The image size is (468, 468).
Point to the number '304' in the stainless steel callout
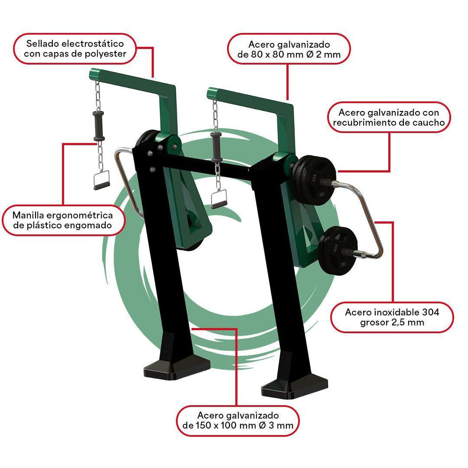[x=431, y=312]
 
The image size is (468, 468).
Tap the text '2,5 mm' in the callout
[x=407, y=322]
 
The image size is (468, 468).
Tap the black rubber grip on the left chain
[x=98, y=126]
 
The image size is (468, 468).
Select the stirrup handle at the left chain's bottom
[x=102, y=180]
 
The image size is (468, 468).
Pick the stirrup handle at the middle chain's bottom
[x=219, y=199]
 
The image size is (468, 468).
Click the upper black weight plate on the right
[x=314, y=180]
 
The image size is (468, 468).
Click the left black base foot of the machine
[x=177, y=368]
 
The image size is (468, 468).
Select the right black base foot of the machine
[x=294, y=388]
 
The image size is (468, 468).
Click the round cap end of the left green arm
[x=94, y=74]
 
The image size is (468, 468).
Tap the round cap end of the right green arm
[x=212, y=93]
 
